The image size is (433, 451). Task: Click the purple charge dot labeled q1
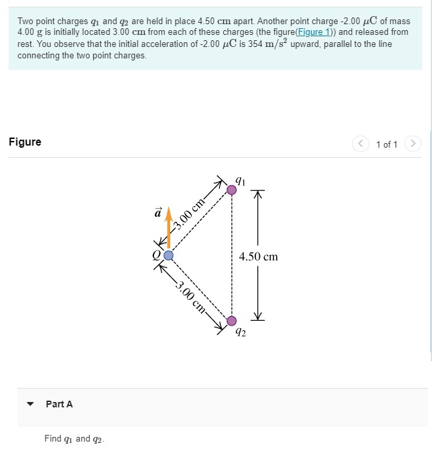coord(231,191)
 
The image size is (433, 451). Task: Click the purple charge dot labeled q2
coord(231,320)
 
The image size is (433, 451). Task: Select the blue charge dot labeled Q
coord(169,255)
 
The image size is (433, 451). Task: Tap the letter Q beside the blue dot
coord(156,255)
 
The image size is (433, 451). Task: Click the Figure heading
coord(25,142)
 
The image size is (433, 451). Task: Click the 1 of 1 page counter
coord(387,144)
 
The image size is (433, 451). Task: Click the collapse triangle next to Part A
coord(29,405)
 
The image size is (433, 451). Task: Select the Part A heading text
coord(59,404)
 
